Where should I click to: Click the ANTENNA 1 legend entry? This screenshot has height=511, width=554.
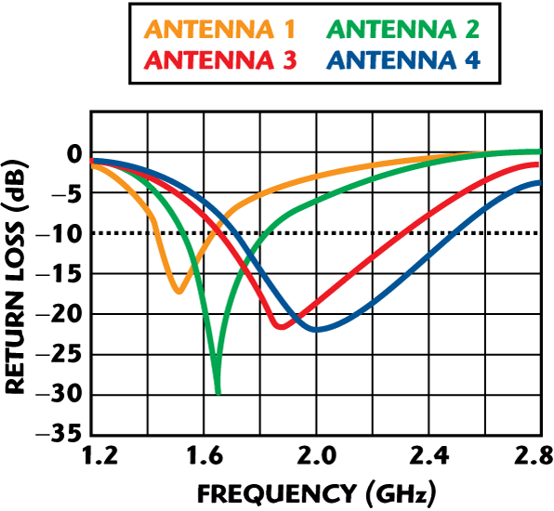click(219, 30)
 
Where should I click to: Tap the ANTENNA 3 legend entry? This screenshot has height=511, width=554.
click(220, 62)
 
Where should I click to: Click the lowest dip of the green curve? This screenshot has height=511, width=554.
click(218, 392)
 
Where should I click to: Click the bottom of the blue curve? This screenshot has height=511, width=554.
click(316, 330)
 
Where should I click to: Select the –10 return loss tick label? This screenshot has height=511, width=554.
click(59, 234)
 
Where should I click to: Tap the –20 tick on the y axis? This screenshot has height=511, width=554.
click(59, 315)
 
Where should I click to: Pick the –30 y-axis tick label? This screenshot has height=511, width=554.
click(59, 395)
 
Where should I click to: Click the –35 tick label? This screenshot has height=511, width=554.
click(59, 435)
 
